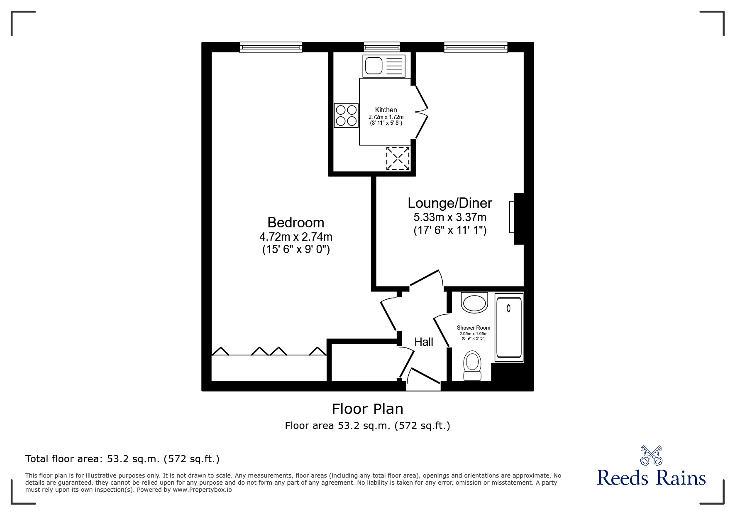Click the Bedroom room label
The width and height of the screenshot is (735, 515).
[295, 222]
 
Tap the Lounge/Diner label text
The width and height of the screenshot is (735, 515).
[450, 203]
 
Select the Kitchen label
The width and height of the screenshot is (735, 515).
[386, 110]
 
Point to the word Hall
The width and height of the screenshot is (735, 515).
[424, 342]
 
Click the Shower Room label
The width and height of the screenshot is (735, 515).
[474, 328]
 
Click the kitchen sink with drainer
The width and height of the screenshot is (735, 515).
[384, 66]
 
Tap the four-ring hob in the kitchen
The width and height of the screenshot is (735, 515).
[346, 116]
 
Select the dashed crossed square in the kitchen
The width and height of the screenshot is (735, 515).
[398, 158]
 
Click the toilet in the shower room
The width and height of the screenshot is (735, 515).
[472, 366]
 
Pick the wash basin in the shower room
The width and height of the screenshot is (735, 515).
[475, 303]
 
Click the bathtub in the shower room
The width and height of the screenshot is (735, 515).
[509, 327]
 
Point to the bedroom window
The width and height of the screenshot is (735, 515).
[271, 47]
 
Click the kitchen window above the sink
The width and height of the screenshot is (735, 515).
[382, 47]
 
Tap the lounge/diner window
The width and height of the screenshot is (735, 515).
[476, 47]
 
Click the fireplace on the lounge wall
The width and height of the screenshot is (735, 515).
[518, 219]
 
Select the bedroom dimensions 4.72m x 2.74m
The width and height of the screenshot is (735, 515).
[296, 237]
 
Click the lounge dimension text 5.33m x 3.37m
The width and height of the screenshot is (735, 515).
[450, 217]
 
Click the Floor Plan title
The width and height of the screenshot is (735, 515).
[368, 409]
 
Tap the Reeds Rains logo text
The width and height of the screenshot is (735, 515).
[652, 478]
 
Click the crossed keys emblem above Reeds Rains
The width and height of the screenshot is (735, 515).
[652, 456]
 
